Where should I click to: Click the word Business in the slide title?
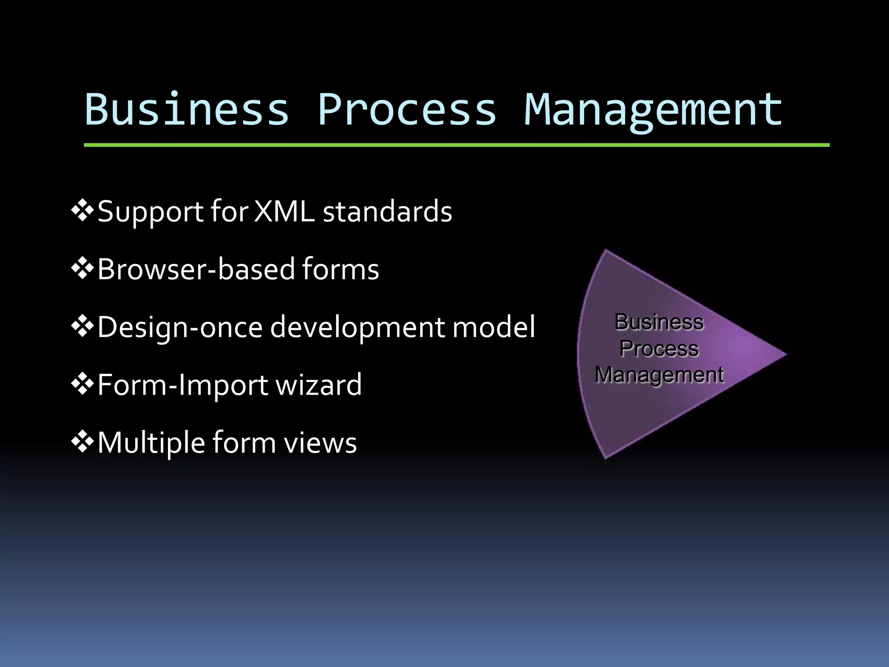(x=187, y=109)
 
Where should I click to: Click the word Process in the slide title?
(x=407, y=109)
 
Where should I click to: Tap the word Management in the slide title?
(x=653, y=109)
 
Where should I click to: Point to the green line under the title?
(x=456, y=145)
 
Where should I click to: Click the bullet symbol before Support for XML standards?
(x=82, y=211)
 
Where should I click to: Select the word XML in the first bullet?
(x=284, y=211)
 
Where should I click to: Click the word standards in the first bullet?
(x=387, y=211)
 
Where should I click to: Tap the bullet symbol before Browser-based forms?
(x=82, y=269)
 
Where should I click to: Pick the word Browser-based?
(x=196, y=269)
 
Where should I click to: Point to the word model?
(x=494, y=327)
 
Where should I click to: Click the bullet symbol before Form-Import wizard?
(x=82, y=384)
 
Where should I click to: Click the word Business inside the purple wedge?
(x=659, y=322)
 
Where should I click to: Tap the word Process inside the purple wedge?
(x=659, y=349)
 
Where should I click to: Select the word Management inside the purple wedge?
(x=659, y=375)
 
